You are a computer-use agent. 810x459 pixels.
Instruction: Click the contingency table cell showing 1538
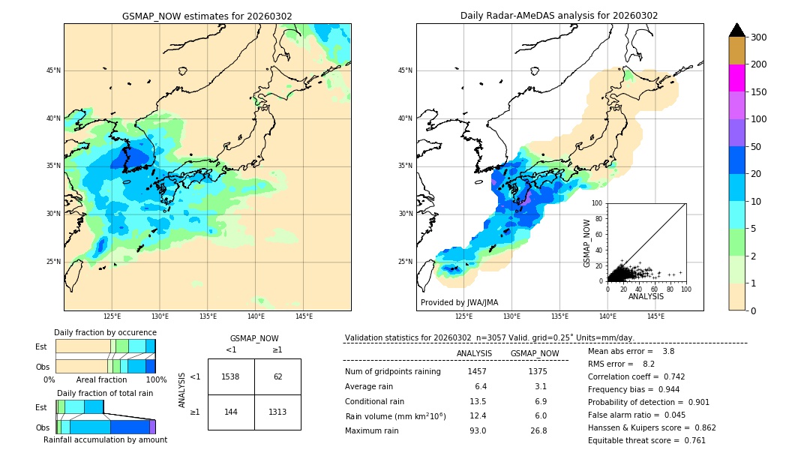point(230,376)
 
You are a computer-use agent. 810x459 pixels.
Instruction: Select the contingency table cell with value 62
point(277,376)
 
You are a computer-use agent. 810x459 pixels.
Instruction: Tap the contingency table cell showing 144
point(230,412)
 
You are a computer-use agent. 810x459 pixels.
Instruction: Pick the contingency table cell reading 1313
point(277,412)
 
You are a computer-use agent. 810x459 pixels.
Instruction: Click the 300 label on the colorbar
point(759,37)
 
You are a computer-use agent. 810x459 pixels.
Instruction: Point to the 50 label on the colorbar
point(756,147)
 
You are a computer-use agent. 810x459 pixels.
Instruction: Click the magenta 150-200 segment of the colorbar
point(736,78)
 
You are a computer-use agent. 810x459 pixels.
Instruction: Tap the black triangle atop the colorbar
point(736,30)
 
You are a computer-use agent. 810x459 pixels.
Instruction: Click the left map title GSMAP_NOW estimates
point(207,16)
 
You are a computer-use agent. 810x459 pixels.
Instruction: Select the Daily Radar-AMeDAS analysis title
point(559,16)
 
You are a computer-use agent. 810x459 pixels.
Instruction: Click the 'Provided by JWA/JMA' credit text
point(459,303)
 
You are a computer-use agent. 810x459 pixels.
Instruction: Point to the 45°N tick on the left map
point(53,70)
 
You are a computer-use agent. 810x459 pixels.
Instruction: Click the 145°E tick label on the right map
point(655,317)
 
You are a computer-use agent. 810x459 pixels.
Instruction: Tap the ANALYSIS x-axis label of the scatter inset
point(646,296)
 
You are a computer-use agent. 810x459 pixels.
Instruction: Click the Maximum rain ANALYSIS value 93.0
point(477,430)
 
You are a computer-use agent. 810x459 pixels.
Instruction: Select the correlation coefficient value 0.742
point(668,376)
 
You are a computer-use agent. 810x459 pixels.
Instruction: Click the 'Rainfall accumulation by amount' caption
point(105,440)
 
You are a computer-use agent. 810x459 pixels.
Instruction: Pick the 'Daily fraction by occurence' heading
point(105,332)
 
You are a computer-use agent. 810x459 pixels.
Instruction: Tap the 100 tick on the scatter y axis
point(598,203)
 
